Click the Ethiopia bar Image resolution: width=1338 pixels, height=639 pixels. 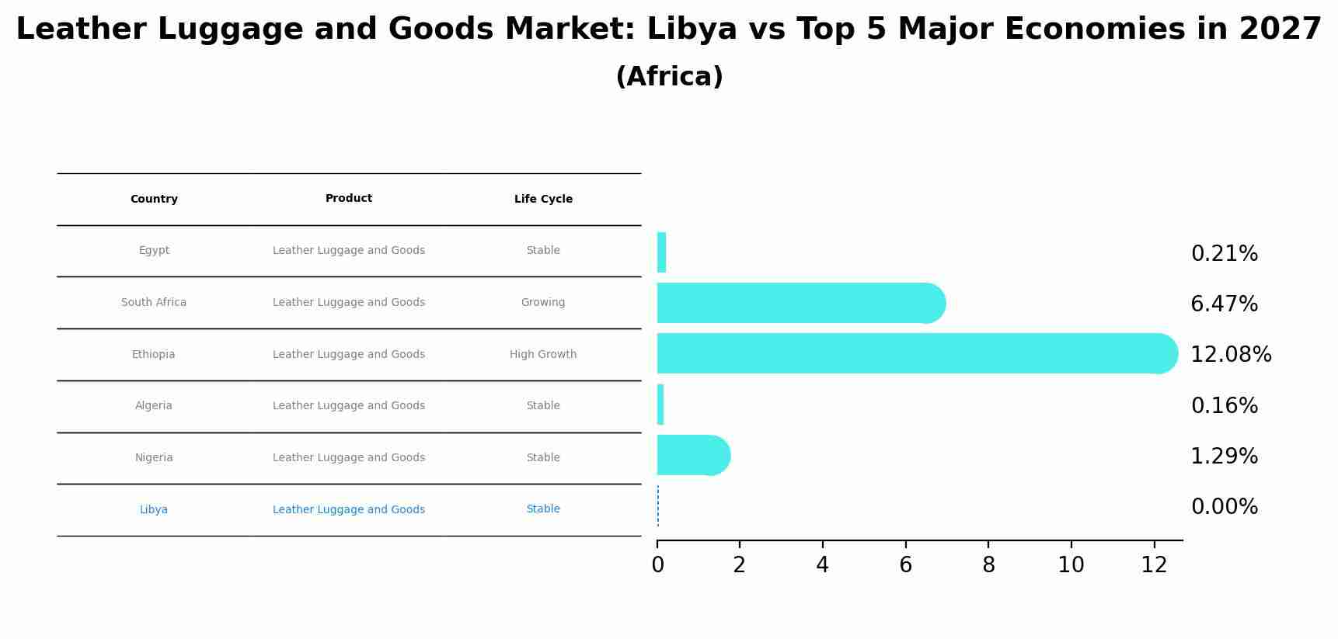click(917, 353)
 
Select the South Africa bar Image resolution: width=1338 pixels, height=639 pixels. click(800, 303)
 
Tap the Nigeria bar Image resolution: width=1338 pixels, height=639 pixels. click(693, 455)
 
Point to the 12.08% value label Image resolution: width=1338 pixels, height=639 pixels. click(1231, 355)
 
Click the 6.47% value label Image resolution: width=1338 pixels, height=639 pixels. click(1224, 304)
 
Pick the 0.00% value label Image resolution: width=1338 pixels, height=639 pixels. click(1224, 507)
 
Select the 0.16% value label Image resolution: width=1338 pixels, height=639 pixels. click(1224, 406)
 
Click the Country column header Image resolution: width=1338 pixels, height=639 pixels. click(154, 200)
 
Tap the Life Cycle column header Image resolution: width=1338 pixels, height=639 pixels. click(543, 200)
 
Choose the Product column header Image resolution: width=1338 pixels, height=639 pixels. click(348, 199)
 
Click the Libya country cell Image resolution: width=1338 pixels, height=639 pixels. click(154, 510)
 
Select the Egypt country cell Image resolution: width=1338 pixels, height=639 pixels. click(154, 251)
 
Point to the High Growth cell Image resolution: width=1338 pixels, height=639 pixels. click(543, 355)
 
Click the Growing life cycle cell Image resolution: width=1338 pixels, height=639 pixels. click(543, 303)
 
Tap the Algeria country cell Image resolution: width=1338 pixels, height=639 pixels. click(154, 406)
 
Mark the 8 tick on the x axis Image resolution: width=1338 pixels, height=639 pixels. click(988, 565)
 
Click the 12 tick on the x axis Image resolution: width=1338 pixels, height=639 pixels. click(1154, 565)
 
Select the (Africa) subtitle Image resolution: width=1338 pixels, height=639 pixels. click(669, 77)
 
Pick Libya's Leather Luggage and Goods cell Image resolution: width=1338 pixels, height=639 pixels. click(348, 510)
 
